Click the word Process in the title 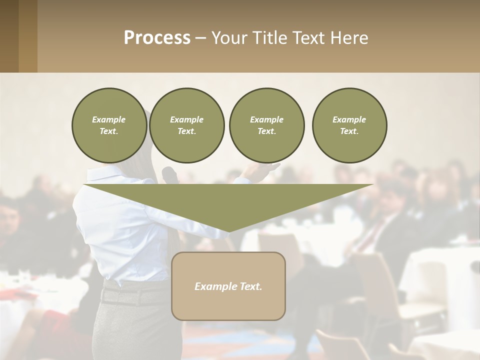157,38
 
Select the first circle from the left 109,125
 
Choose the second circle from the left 186,125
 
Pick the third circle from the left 266,125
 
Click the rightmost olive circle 349,125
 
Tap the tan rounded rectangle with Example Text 228,286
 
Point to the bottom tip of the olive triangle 229,231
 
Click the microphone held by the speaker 169,174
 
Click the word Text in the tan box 249,286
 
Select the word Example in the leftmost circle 109,119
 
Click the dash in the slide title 200,38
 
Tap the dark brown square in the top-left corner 9,36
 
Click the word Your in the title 228,38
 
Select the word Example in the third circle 266,119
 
